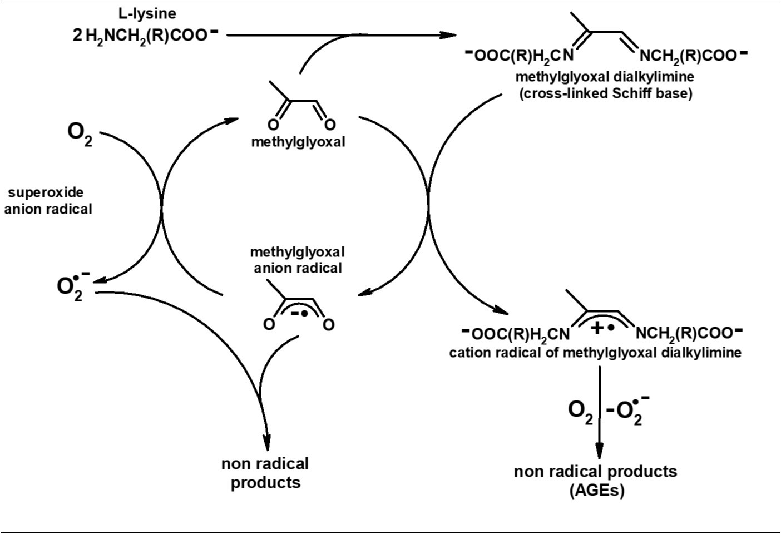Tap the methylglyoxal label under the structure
[x=298, y=142]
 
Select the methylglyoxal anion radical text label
[x=298, y=260]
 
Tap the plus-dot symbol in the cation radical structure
[x=602, y=328]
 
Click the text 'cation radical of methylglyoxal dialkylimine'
[x=595, y=353]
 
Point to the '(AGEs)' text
[x=596, y=491]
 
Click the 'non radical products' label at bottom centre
[x=265, y=472]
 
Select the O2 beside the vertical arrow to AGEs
[x=580, y=412]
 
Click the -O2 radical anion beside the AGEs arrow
[x=626, y=411]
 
